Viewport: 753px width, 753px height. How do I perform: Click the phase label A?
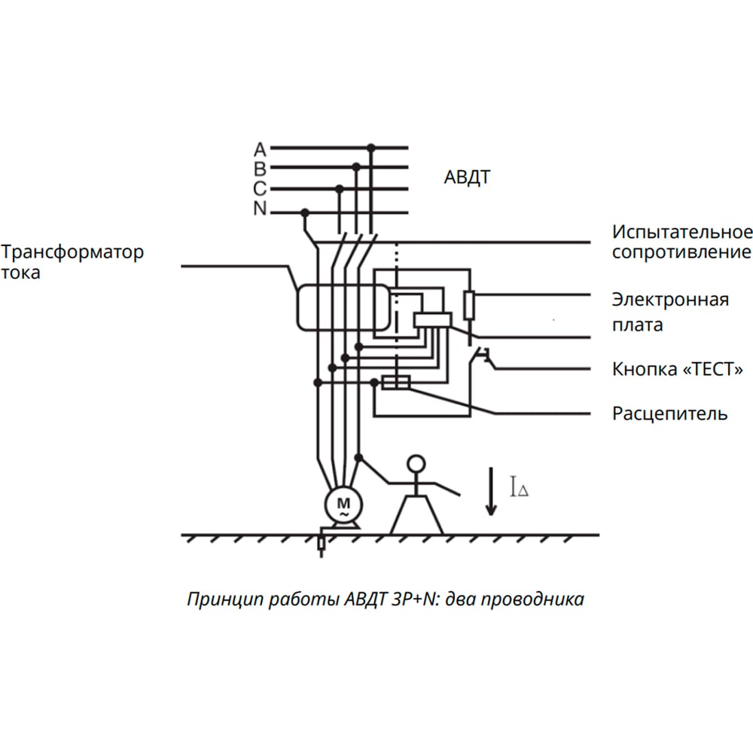(x=260, y=150)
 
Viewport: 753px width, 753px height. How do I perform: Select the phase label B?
(x=260, y=169)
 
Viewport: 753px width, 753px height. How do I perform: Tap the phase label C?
(x=260, y=189)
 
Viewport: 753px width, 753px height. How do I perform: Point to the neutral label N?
(x=260, y=209)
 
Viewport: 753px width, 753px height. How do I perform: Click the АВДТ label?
(x=467, y=178)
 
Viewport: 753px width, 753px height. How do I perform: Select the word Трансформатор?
(x=72, y=252)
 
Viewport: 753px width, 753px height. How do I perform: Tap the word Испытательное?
(x=682, y=232)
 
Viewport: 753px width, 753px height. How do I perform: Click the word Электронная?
(x=670, y=300)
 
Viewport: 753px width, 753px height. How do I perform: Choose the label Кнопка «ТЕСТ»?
(x=678, y=369)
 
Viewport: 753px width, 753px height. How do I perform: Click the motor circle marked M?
(x=343, y=505)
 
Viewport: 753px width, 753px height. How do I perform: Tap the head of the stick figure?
(x=416, y=464)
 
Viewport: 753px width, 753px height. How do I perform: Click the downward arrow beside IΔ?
(x=491, y=491)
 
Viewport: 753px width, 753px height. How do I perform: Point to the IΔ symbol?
(x=519, y=486)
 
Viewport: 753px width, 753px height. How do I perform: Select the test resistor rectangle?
(x=470, y=304)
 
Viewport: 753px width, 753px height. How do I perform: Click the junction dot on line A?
(x=370, y=148)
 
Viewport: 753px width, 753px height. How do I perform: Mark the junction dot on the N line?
(x=304, y=212)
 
